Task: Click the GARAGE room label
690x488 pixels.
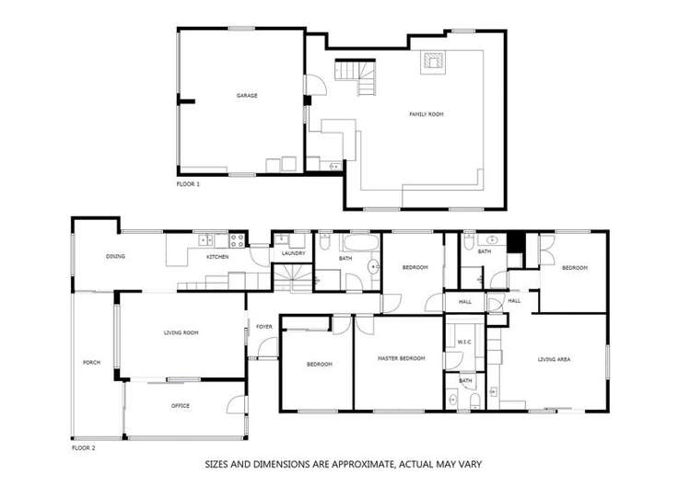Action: click(x=246, y=96)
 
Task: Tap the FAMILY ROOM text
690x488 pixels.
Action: click(x=427, y=114)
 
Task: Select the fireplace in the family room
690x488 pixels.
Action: click(x=432, y=61)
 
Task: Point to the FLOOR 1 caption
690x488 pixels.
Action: click(x=188, y=184)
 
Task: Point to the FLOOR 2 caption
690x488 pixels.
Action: click(x=84, y=447)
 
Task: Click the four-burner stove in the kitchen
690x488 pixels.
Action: click(x=236, y=241)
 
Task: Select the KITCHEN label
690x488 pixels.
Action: click(x=217, y=257)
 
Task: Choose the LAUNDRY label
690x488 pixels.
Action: click(x=294, y=253)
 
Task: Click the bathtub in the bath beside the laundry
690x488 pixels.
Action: click(x=358, y=243)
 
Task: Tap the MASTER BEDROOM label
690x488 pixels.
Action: click(x=402, y=357)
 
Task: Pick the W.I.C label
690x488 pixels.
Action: click(x=464, y=343)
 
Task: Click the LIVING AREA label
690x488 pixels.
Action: click(x=556, y=360)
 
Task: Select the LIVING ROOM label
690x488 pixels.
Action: click(x=181, y=332)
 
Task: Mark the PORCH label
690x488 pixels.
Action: click(x=92, y=362)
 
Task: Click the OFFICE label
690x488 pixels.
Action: click(x=181, y=405)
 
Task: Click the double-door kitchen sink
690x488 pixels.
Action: click(x=208, y=241)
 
